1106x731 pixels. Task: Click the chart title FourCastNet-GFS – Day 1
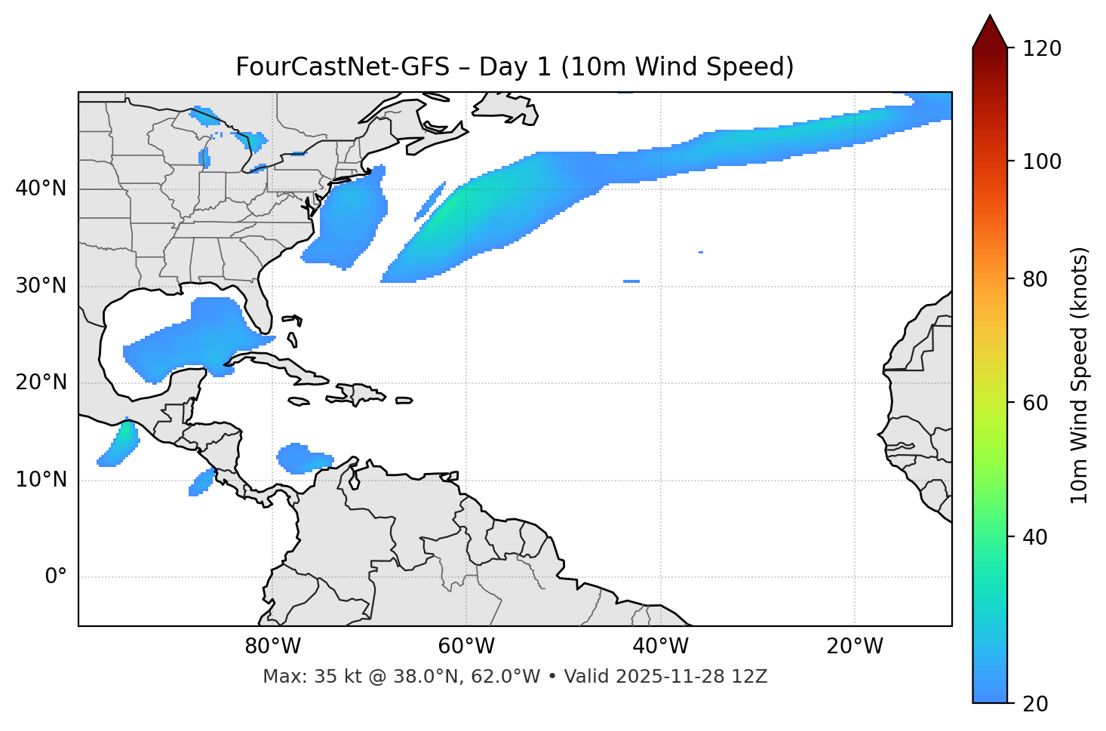pyautogui.click(x=514, y=67)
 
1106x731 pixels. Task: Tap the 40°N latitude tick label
pyautogui.click(x=41, y=189)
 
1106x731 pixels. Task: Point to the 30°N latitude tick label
pyautogui.click(x=41, y=286)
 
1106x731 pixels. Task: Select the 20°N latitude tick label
pyautogui.click(x=41, y=382)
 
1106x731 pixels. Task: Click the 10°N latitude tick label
pyautogui.click(x=41, y=480)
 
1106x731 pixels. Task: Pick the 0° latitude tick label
pyautogui.click(x=56, y=577)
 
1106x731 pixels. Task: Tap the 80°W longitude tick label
pyautogui.click(x=272, y=647)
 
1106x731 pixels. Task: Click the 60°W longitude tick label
pyautogui.click(x=466, y=647)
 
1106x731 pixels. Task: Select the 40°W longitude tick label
pyautogui.click(x=660, y=647)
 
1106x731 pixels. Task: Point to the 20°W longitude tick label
pyautogui.click(x=854, y=647)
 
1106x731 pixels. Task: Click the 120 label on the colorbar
pyautogui.click(x=1042, y=49)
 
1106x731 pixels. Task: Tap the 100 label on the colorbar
pyautogui.click(x=1042, y=161)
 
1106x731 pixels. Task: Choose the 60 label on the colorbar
pyautogui.click(x=1035, y=403)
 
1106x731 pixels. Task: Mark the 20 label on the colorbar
pyautogui.click(x=1035, y=704)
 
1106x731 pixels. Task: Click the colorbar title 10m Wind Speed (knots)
pyautogui.click(x=1080, y=375)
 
